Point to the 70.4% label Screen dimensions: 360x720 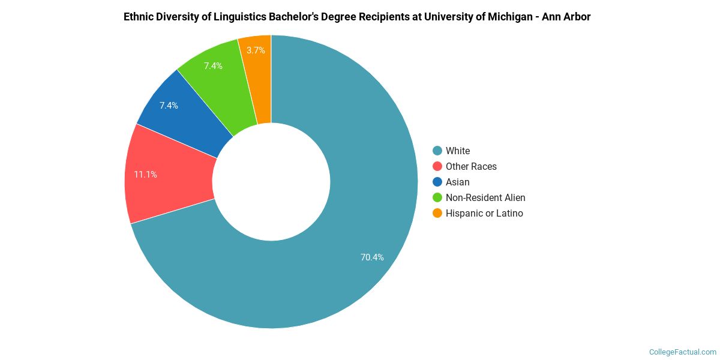tap(372, 257)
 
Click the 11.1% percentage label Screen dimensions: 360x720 tap(145, 175)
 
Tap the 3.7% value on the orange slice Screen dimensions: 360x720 tap(256, 50)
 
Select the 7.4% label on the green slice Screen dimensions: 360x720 tap(213, 66)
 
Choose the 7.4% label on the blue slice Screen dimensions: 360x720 tap(169, 106)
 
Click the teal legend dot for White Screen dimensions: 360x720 tap(437, 151)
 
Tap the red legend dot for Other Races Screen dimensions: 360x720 tap(437, 166)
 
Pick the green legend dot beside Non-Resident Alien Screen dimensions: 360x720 tap(437, 197)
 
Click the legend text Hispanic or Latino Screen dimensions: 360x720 tap(484, 213)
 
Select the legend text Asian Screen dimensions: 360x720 tap(458, 182)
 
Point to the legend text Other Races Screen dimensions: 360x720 tap(471, 166)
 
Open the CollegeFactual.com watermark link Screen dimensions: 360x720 tap(682, 352)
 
